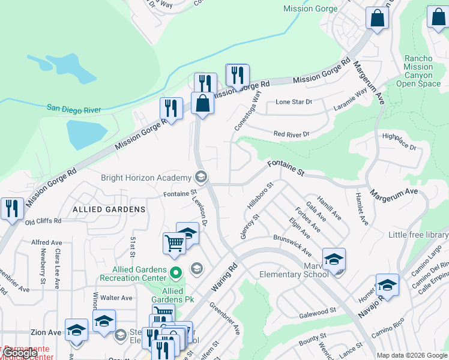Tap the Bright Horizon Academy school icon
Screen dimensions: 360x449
[x=200, y=177]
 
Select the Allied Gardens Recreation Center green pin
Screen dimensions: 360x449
[x=175, y=273]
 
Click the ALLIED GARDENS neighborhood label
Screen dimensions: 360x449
[x=109, y=209]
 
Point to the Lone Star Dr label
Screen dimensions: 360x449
[x=294, y=102]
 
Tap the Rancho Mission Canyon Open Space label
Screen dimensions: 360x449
[x=418, y=71]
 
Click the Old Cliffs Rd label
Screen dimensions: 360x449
[x=43, y=221]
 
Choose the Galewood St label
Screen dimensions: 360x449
[x=316, y=313]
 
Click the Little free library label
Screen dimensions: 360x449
[x=418, y=235]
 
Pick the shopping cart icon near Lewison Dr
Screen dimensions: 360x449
[x=173, y=243]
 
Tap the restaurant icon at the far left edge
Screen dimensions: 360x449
[x=12, y=208]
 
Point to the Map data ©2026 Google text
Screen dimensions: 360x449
[x=411, y=355]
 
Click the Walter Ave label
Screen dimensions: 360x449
[x=116, y=298]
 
